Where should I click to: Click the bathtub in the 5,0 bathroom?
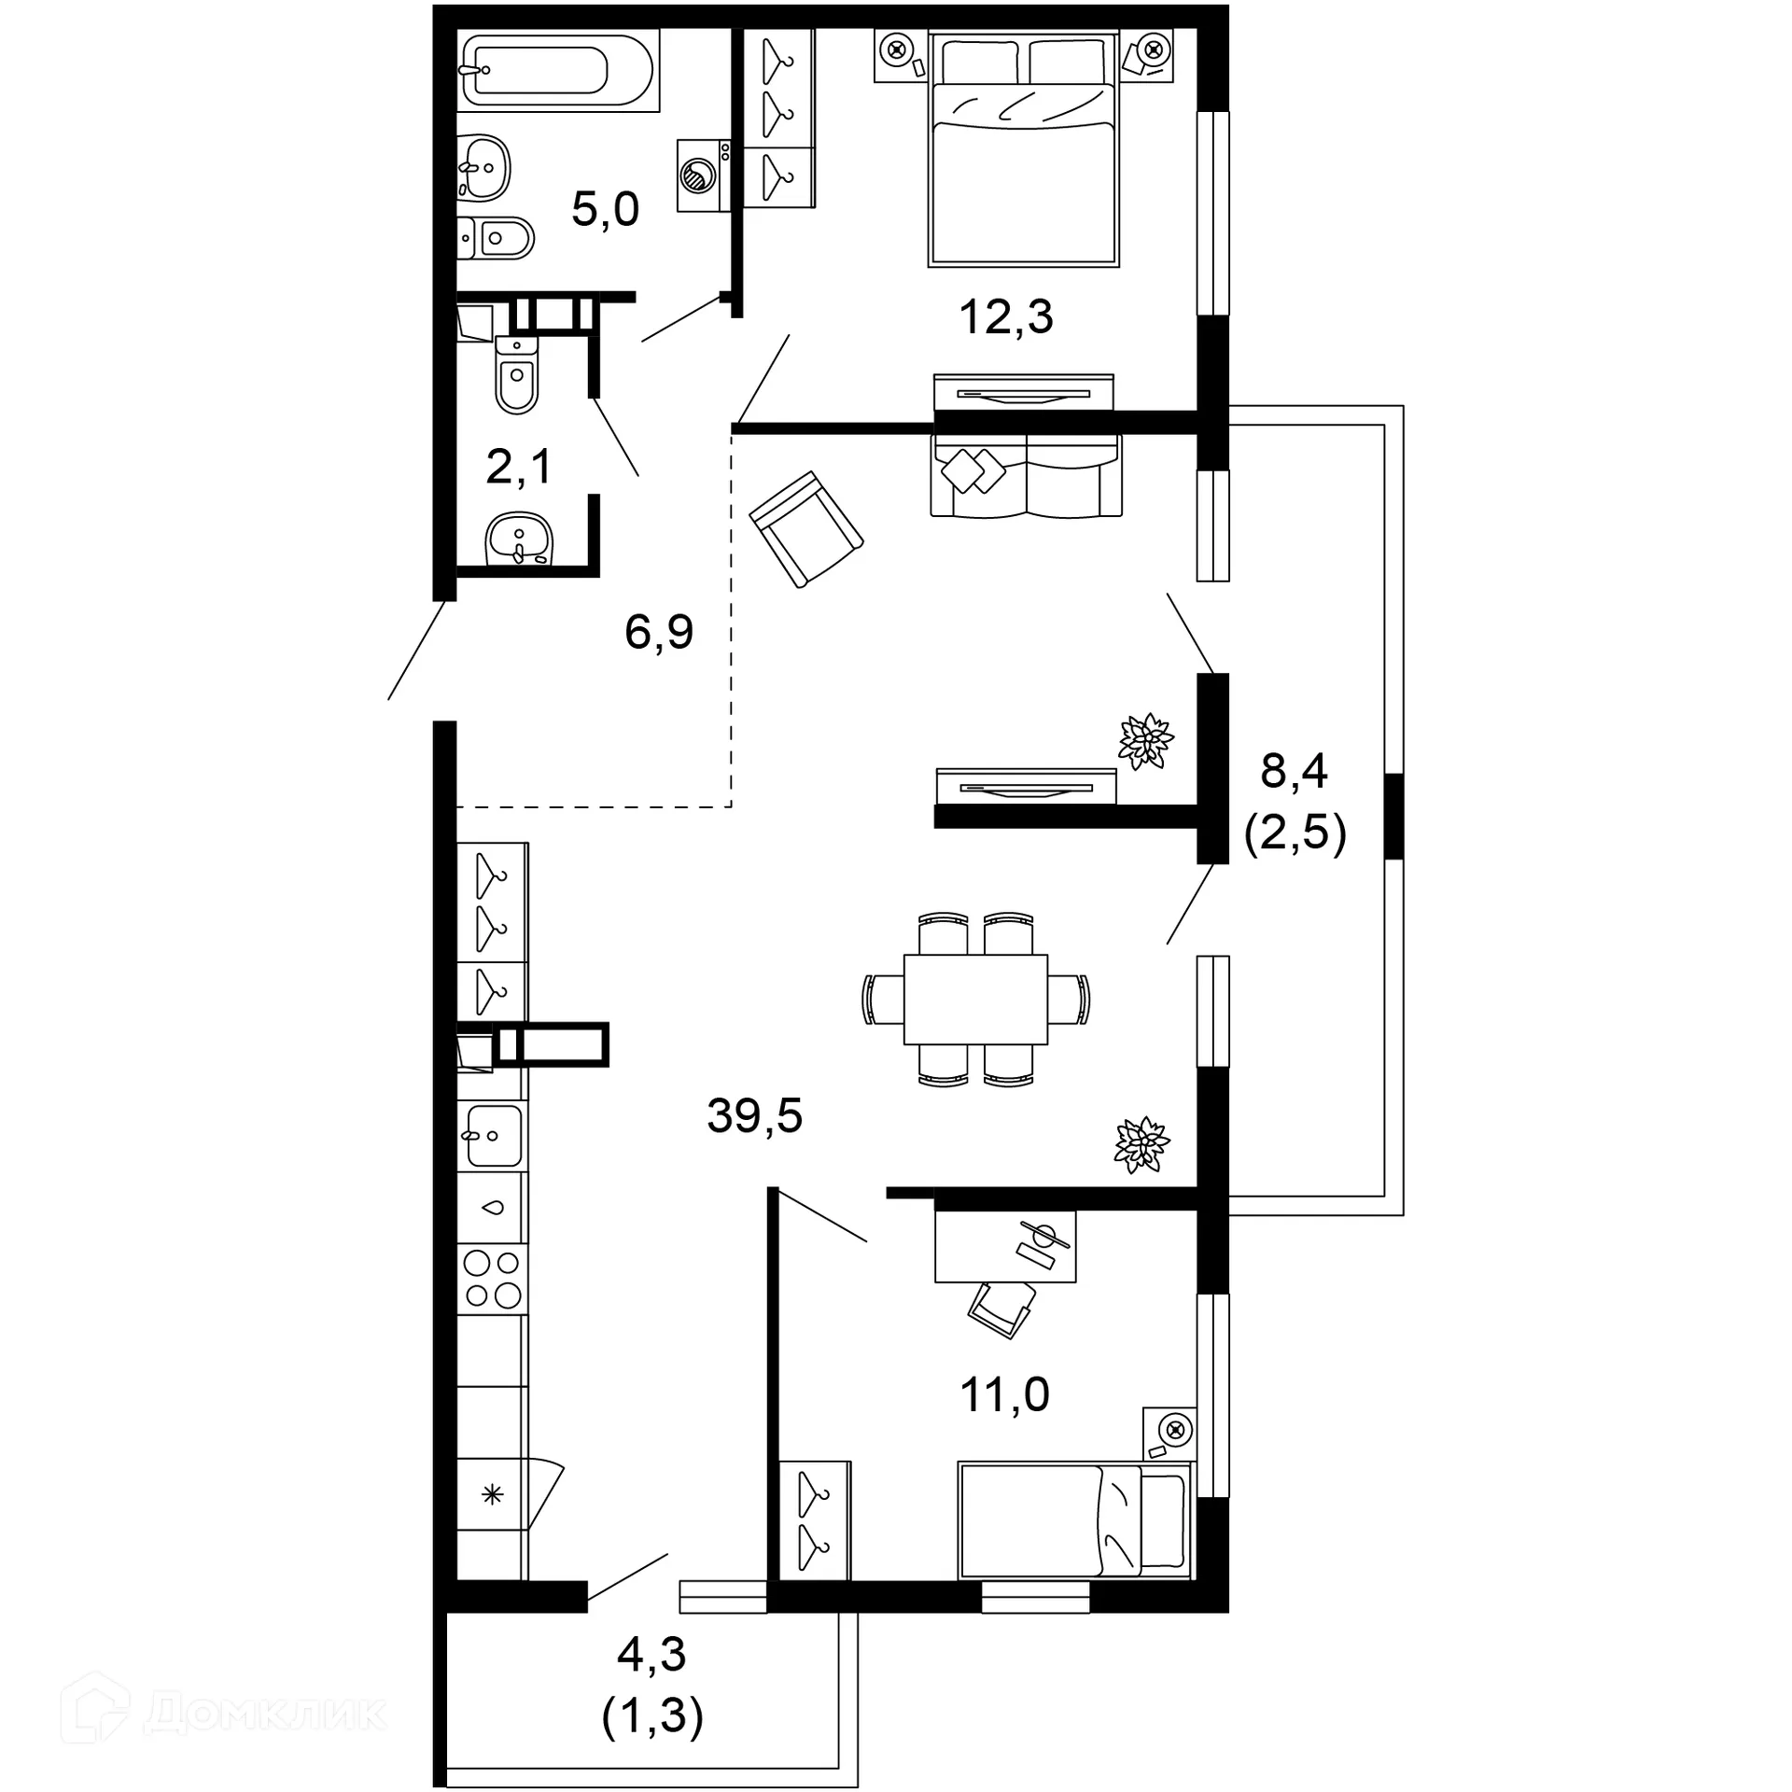click(x=557, y=70)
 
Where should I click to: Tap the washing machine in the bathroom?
click(x=704, y=175)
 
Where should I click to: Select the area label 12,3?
click(x=1005, y=317)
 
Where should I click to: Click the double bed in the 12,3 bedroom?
click(x=1024, y=159)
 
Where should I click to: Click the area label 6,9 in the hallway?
click(x=659, y=632)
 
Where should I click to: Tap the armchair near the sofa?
click(x=806, y=528)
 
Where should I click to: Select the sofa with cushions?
click(x=1026, y=476)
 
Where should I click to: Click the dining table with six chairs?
click(x=975, y=1000)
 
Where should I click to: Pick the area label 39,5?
click(x=754, y=1115)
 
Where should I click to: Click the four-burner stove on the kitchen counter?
click(x=493, y=1280)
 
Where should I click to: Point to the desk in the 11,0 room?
click(x=1005, y=1247)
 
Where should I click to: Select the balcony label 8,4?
click(x=1294, y=772)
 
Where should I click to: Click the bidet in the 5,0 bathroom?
click(x=498, y=238)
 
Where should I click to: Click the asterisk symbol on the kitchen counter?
click(x=492, y=1495)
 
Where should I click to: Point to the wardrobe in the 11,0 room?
click(x=814, y=1519)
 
